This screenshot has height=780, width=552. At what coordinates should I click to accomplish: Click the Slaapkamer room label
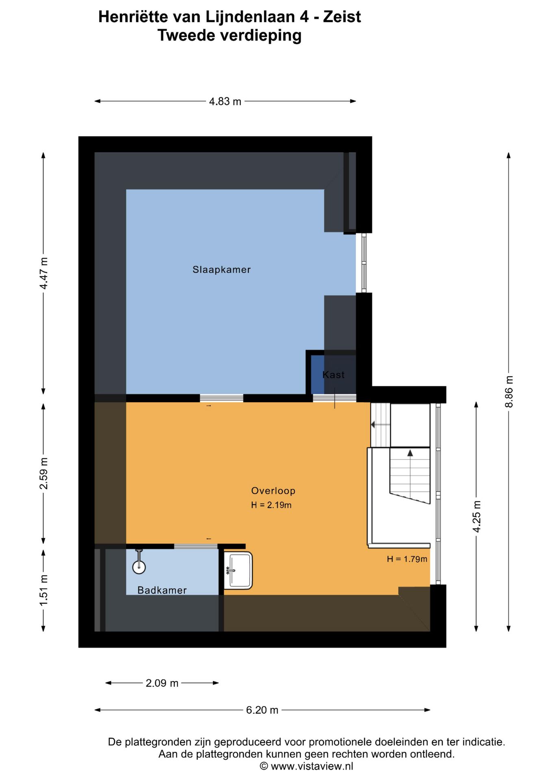222,270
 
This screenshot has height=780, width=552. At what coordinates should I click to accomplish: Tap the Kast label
333,375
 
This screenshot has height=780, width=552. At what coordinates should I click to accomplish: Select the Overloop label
273,491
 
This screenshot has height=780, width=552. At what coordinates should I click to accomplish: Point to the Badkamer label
162,590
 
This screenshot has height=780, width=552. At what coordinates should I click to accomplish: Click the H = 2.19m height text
271,505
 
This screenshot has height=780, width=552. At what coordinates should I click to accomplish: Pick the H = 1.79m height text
407,559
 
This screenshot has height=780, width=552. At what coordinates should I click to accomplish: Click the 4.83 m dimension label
225,102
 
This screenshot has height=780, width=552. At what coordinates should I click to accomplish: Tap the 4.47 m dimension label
43,273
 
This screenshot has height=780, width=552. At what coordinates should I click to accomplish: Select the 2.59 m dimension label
43,474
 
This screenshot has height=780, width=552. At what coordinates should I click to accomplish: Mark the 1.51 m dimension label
43,590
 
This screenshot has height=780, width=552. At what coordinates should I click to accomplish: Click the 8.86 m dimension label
509,392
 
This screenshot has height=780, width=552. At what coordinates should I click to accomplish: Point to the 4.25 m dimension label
476,516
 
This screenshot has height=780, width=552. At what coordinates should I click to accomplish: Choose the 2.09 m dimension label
162,683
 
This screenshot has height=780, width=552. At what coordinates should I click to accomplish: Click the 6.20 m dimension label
262,710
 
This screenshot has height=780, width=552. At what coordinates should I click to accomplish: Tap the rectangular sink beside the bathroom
239,570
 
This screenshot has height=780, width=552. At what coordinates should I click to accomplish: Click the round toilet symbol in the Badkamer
139,566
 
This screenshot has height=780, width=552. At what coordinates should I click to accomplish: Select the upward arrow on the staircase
410,453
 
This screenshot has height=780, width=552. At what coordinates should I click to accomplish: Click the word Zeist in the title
342,17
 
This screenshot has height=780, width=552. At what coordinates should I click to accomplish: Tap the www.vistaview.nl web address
312,767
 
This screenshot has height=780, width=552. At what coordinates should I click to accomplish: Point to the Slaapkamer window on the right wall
364,263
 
